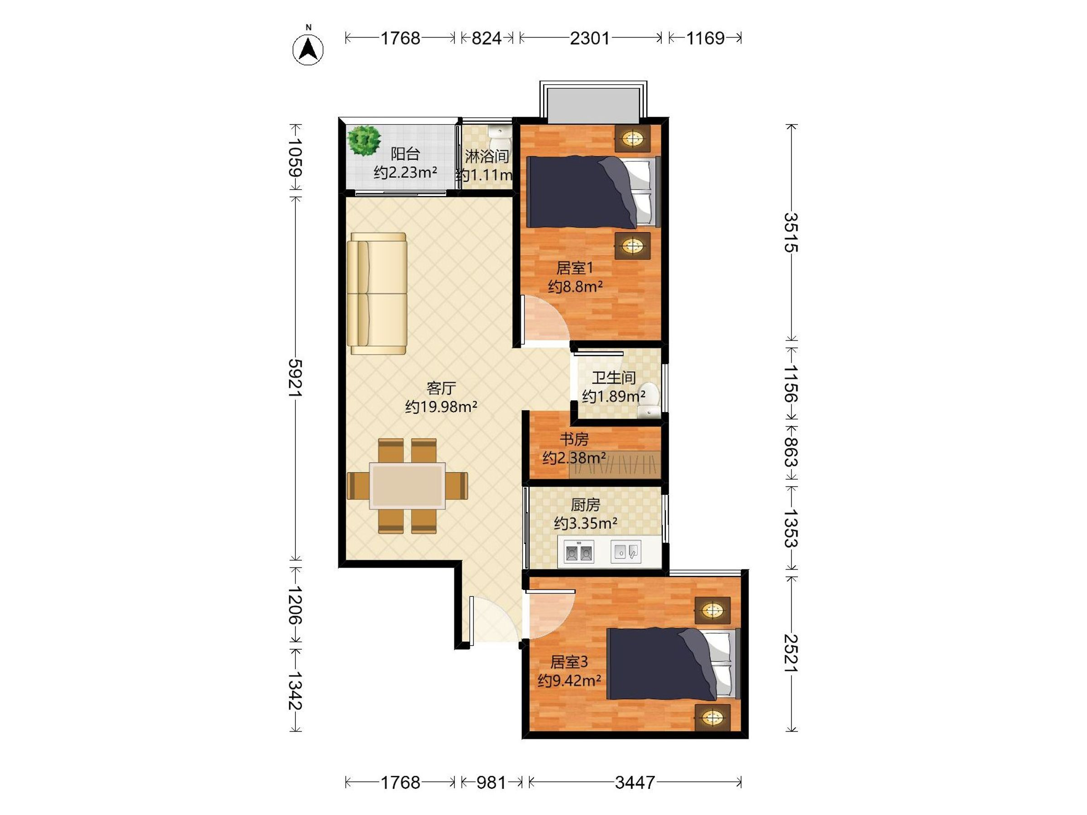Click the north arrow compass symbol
tap(308, 48)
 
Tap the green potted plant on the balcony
tap(364, 140)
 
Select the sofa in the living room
tap(377, 293)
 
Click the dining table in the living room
tap(407, 486)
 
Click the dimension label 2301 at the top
tap(590, 38)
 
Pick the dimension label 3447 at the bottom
tap(635, 782)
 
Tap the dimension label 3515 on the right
tap(791, 232)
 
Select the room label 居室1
tap(574, 268)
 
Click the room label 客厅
tap(441, 388)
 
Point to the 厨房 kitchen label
tap(585, 504)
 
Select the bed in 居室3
tap(673, 664)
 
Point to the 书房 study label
tap(574, 439)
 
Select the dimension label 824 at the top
tap(486, 38)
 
